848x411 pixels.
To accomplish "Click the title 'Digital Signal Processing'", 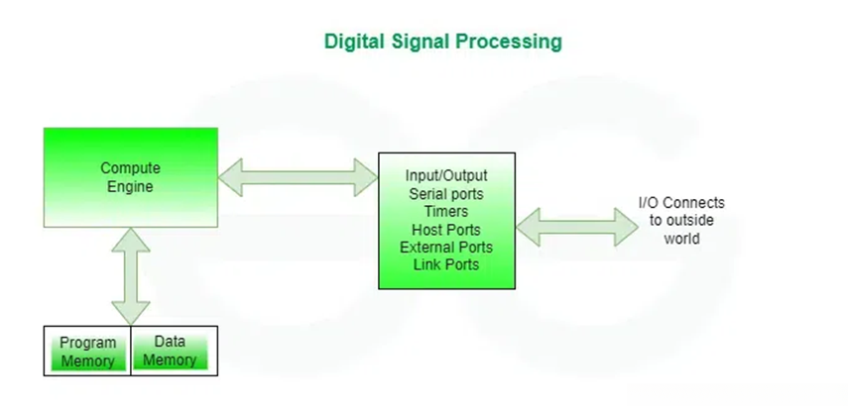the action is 443,43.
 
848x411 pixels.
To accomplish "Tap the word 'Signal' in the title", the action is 421,43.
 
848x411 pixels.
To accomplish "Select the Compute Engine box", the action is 131,177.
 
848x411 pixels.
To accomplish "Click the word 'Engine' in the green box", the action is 130,187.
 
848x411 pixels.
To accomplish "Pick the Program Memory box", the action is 87,351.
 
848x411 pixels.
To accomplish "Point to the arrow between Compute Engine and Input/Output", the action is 298,177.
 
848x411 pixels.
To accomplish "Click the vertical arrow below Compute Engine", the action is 131,276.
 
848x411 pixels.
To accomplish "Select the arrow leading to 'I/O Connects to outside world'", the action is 577,227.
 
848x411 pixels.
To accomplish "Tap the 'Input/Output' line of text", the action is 446,176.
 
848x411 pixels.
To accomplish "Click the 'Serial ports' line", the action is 446,194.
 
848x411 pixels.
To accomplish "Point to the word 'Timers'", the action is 446,211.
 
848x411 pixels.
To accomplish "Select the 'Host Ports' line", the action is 446,230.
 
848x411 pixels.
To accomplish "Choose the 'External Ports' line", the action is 446,248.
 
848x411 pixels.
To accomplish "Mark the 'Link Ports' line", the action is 446,264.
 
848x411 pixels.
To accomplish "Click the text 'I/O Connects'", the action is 681,203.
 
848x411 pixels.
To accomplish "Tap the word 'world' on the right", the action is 681,238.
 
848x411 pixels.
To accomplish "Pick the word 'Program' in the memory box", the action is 87,343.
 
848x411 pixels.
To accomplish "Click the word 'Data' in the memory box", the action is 170,342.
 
